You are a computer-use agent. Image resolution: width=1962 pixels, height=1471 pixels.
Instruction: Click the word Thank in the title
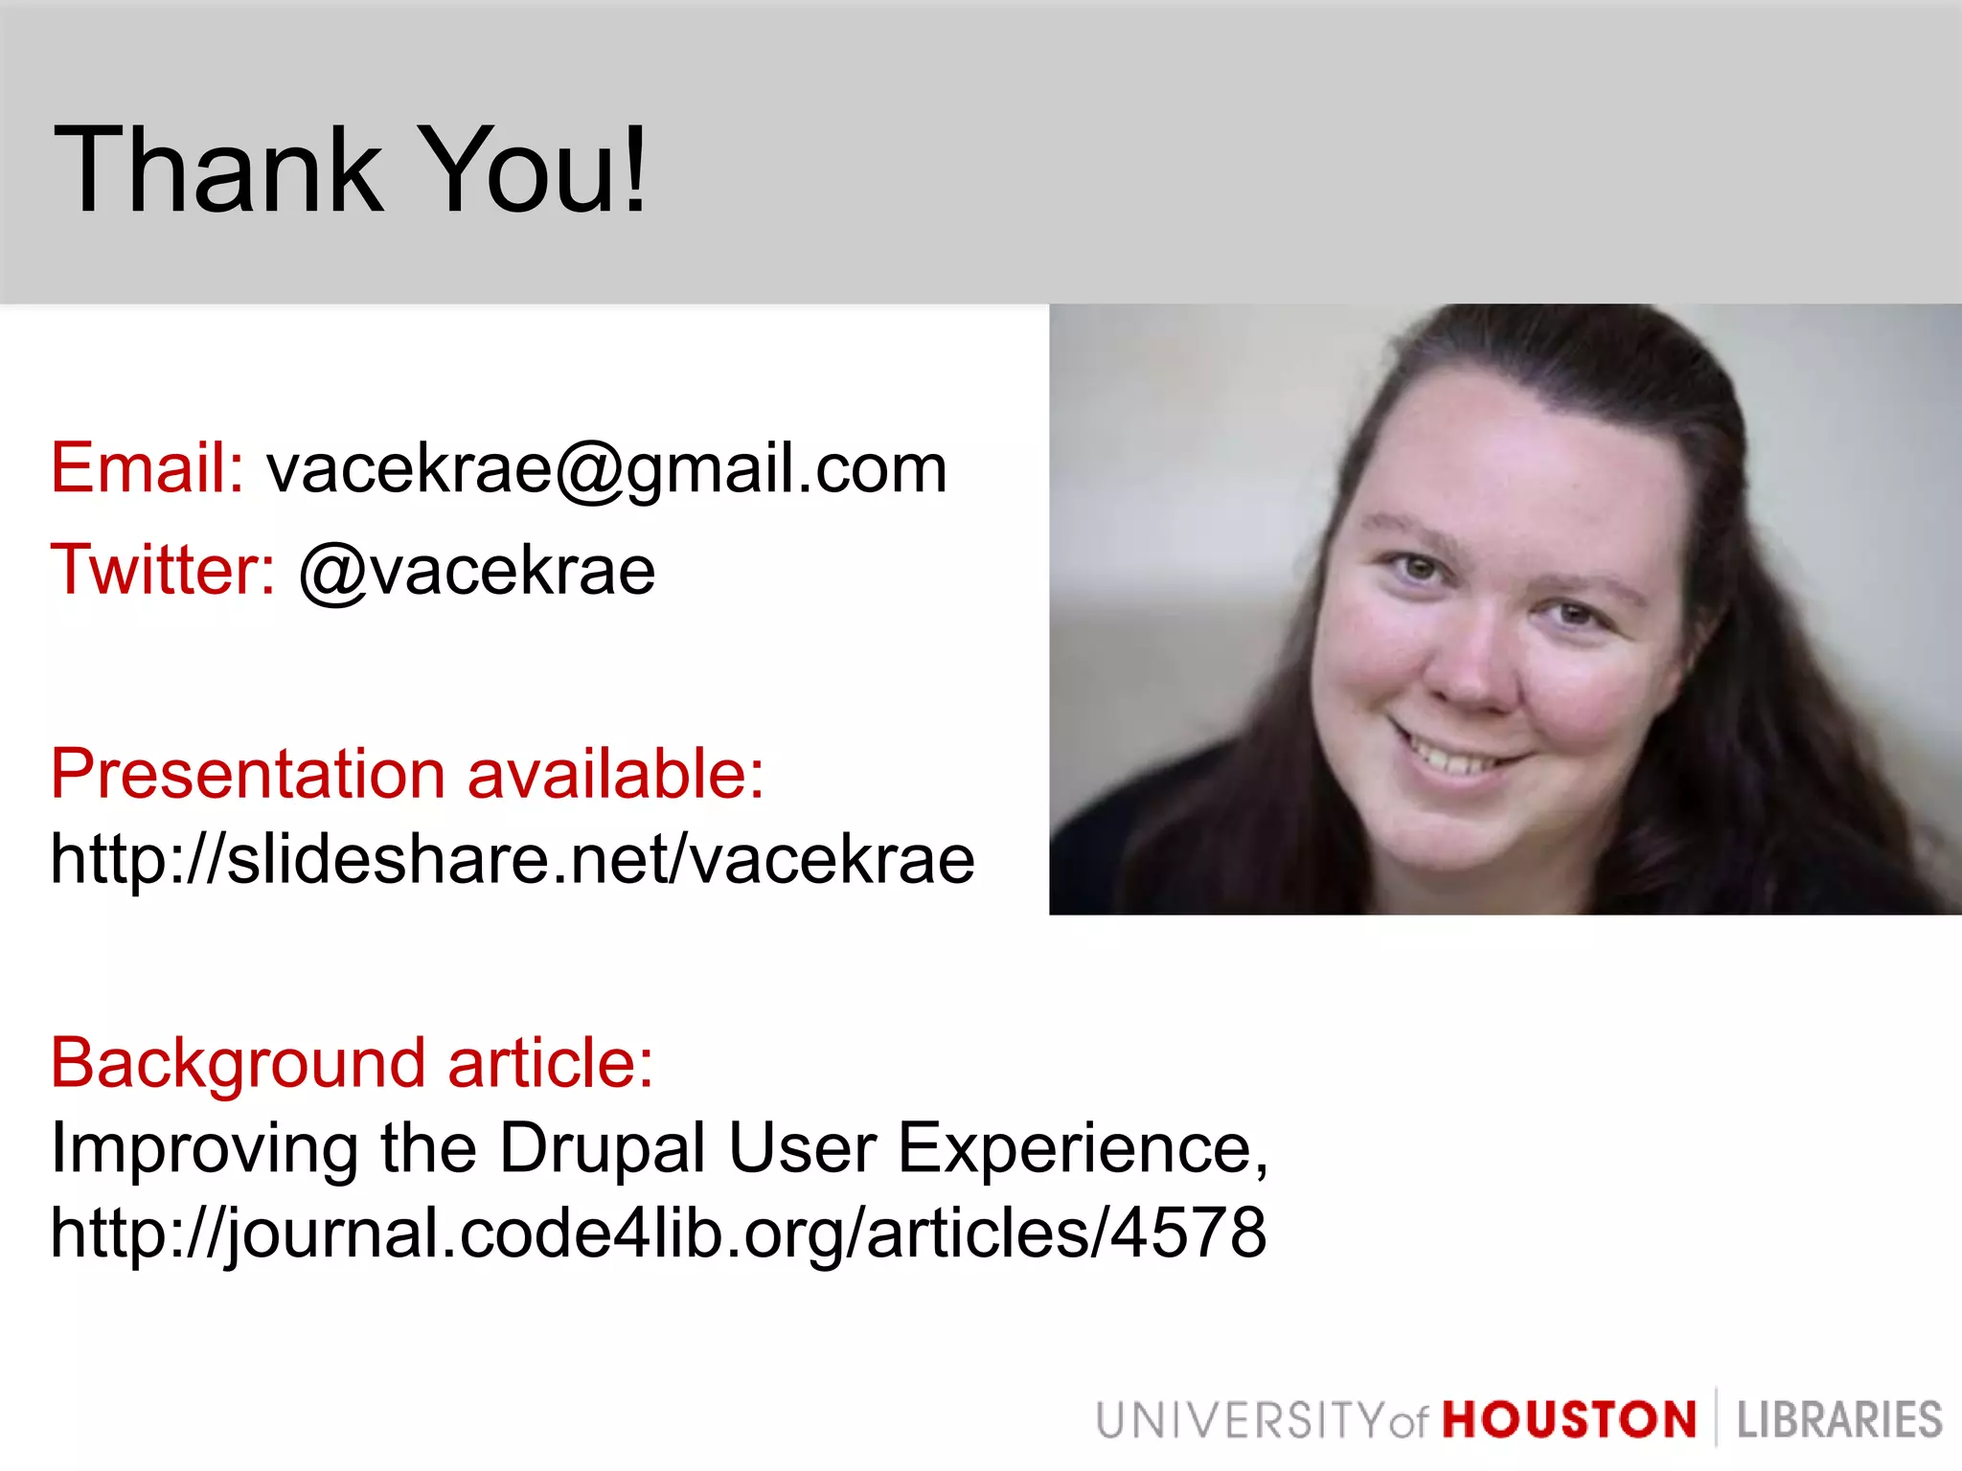click(x=218, y=170)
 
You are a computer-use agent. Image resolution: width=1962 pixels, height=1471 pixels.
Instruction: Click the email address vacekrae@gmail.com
click(x=606, y=470)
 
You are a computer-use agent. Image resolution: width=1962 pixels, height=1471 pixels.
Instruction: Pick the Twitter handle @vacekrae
click(x=477, y=573)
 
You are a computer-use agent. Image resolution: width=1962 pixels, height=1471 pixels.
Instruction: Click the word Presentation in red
click(x=247, y=774)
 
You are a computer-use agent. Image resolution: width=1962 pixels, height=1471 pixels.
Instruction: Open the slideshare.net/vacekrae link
click(x=513, y=859)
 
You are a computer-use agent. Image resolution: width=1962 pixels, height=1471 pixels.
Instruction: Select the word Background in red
click(x=238, y=1063)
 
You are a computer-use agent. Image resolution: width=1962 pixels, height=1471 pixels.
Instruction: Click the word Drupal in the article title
click(x=603, y=1148)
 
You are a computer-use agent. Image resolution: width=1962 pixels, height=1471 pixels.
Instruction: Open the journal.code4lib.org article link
click(x=658, y=1233)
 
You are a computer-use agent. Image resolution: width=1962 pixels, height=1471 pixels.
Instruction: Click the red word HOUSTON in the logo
click(x=1569, y=1420)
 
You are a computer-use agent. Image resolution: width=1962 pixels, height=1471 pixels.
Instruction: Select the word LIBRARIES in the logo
click(x=1838, y=1420)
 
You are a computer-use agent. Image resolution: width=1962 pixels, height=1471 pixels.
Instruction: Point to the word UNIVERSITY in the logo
click(x=1240, y=1420)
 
